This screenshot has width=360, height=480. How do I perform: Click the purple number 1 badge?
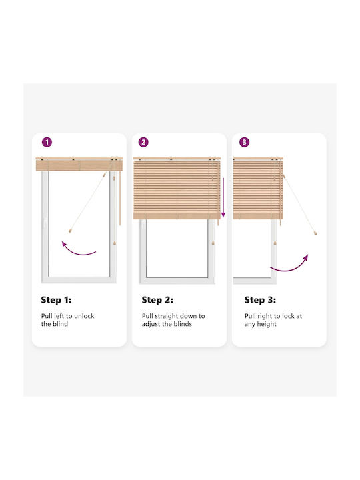(47, 142)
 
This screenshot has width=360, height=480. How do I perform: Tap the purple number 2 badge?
(143, 142)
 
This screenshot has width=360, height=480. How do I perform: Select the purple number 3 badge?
(244, 142)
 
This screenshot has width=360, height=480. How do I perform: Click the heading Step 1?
(56, 300)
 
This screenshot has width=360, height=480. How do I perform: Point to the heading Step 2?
(157, 300)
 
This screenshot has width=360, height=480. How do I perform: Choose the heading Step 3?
(260, 300)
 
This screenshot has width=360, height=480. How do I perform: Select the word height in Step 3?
(266, 324)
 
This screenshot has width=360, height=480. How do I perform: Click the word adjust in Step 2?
(151, 324)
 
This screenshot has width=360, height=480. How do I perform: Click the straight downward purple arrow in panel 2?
(223, 197)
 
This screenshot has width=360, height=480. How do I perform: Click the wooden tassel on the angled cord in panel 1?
(70, 230)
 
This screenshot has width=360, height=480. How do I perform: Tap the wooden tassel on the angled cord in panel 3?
(315, 233)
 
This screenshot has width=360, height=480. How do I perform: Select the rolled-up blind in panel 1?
(79, 165)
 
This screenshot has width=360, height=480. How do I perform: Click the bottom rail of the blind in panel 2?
(177, 217)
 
